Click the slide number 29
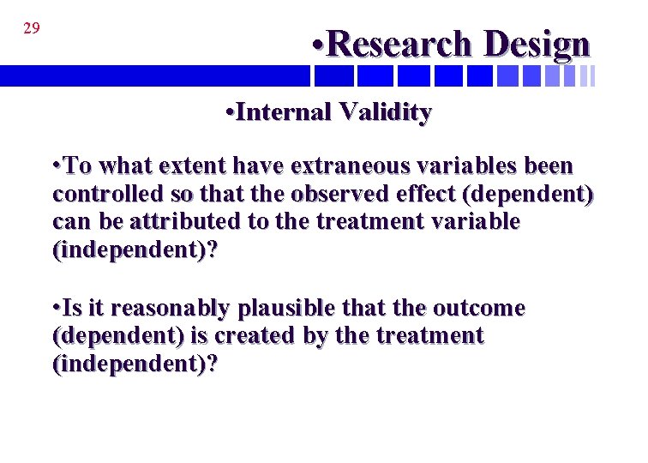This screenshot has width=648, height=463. point(31,28)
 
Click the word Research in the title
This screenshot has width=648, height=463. point(399,44)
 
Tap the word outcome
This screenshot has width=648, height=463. point(481,308)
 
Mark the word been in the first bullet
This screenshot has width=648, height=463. point(550,165)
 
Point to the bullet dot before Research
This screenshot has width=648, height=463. point(317,44)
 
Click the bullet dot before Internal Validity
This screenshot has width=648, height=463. point(225,112)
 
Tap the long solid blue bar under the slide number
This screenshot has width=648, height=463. point(154,76)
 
